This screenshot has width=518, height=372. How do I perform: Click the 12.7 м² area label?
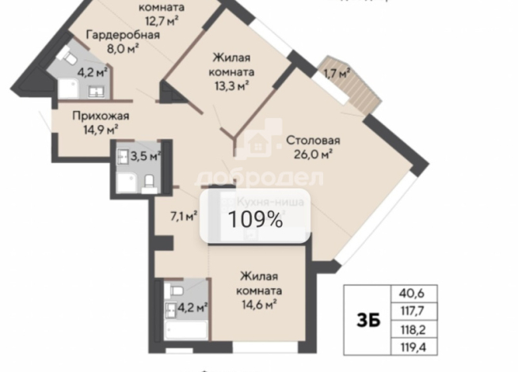[x=162, y=21]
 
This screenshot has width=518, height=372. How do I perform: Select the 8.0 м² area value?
[x=123, y=48]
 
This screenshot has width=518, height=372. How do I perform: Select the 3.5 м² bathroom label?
[x=145, y=155]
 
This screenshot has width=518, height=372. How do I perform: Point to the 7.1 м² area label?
[x=185, y=214]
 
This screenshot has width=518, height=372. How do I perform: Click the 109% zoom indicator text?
[x=256, y=219]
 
